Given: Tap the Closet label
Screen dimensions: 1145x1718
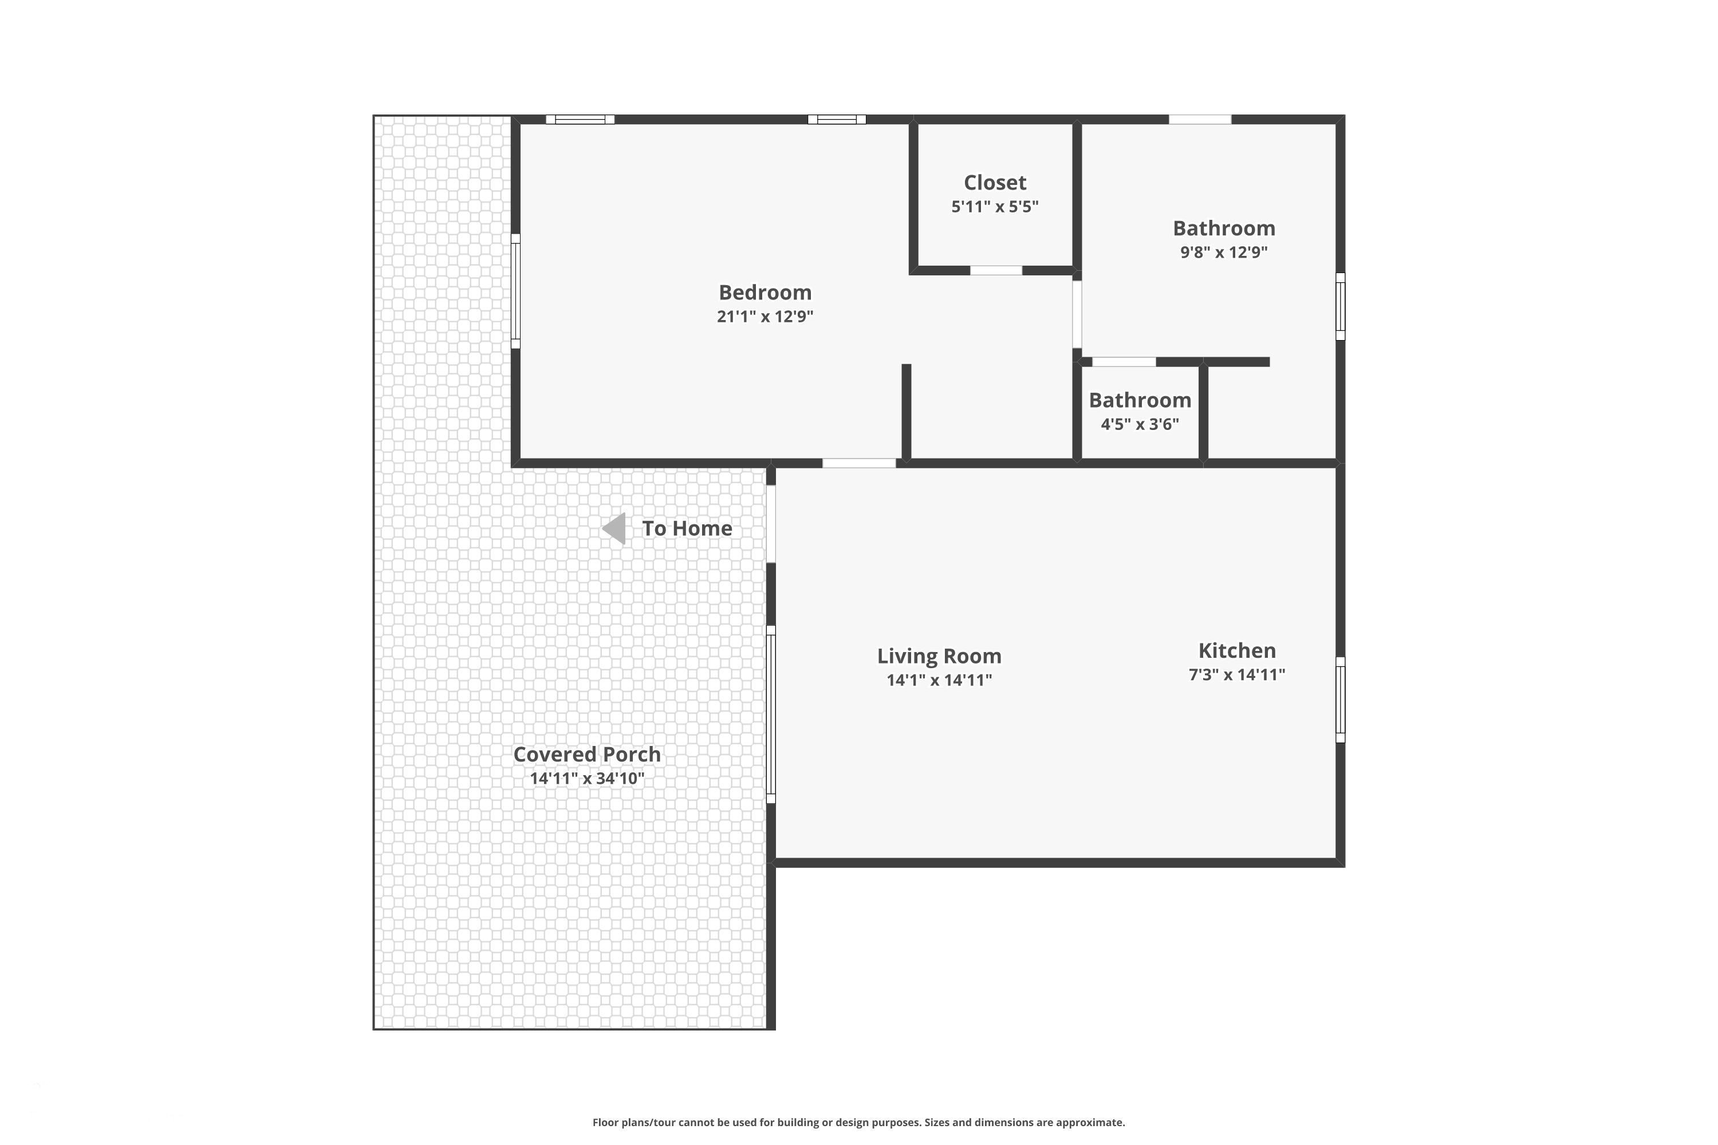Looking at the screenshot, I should coord(994,183).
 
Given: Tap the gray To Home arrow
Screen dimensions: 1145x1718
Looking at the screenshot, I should coord(614,528).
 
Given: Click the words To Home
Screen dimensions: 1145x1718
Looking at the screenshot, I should coord(687,528).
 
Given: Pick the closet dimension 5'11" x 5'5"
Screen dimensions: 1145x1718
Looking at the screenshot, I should coord(994,207).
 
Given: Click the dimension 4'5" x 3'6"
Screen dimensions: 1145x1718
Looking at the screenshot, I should coord(1140,424).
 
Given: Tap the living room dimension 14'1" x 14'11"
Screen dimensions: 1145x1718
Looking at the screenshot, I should coord(939,681).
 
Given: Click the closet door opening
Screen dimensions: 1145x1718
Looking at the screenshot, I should coord(996,271).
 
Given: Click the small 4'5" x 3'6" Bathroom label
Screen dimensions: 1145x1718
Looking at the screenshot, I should coord(1140,400).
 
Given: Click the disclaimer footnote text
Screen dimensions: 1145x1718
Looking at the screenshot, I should coord(858,1122).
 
